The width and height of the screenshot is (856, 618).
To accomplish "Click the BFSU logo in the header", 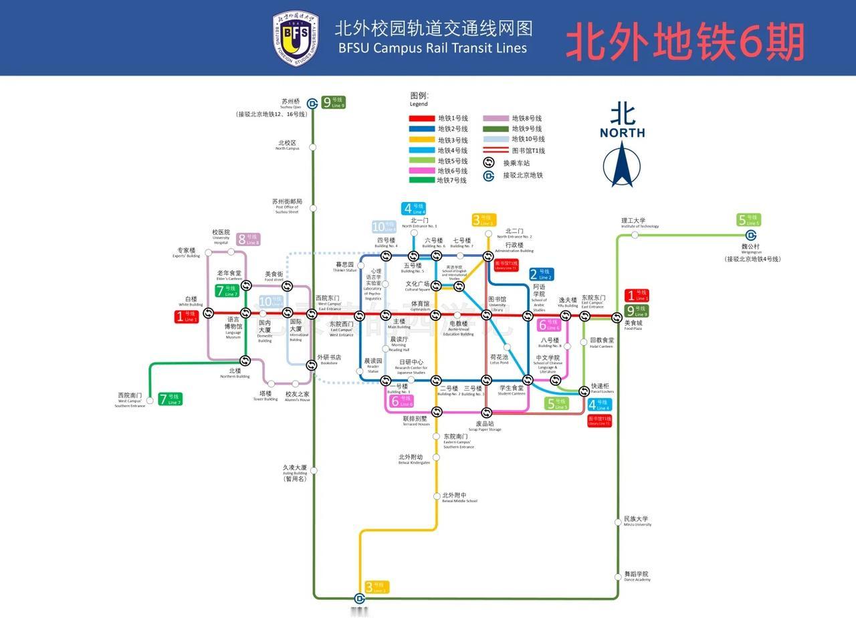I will [x=296, y=38].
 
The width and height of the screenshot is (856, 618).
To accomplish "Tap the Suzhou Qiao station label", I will [x=291, y=104].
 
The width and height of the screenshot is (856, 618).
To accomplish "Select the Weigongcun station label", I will [x=750, y=248].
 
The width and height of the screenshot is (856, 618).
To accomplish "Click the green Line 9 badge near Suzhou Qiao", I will [x=334, y=102].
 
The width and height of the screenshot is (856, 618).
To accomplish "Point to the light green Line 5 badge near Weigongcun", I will [x=749, y=220].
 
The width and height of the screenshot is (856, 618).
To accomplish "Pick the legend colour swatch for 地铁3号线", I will [x=421, y=140].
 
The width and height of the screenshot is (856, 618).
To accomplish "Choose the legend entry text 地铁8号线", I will [x=526, y=118].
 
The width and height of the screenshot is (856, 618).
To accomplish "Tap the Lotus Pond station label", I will [x=499, y=359].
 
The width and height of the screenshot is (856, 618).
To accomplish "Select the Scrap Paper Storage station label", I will [x=484, y=425].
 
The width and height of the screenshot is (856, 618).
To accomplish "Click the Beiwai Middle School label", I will [x=459, y=498].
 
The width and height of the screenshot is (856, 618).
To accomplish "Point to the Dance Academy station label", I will [x=637, y=576].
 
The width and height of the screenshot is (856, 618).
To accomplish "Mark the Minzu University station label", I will [x=637, y=521].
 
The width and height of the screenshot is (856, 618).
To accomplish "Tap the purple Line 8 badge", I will [x=248, y=239].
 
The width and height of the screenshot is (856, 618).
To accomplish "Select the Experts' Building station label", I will [x=187, y=252].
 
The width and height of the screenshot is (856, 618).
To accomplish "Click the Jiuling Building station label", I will [x=294, y=472].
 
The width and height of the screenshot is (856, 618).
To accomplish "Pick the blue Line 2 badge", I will [x=542, y=274].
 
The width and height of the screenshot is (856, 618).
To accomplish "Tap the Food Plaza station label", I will [x=633, y=325].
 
